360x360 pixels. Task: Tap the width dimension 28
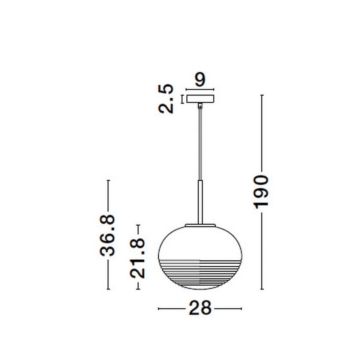click(x=200, y=308)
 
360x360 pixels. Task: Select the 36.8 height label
click(x=107, y=235)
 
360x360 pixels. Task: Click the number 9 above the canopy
click(x=200, y=80)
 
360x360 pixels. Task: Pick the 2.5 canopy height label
click(x=166, y=99)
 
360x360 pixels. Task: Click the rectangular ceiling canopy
click(x=200, y=99)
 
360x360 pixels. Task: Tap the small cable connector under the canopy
click(x=200, y=105)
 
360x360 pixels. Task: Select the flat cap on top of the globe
click(x=200, y=224)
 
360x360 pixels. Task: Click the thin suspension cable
click(x=200, y=144)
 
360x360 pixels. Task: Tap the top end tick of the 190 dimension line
click(x=262, y=95)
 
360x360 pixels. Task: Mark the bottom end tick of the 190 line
click(x=262, y=289)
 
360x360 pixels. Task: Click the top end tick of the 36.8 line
click(x=108, y=181)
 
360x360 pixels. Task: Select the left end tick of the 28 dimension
click(x=158, y=308)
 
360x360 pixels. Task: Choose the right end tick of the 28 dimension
click(x=241, y=308)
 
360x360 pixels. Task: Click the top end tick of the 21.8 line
click(x=138, y=225)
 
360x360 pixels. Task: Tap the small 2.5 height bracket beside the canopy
click(x=182, y=99)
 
